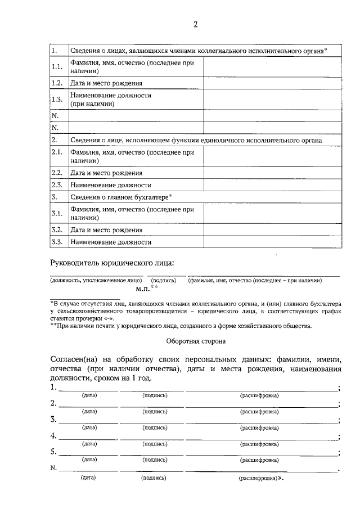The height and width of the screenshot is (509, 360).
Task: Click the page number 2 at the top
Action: click(195, 24)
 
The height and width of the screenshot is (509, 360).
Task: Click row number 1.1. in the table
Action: click(56, 67)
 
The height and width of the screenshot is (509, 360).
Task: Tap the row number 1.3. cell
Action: click(56, 100)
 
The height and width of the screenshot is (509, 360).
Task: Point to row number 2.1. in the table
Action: click(56, 156)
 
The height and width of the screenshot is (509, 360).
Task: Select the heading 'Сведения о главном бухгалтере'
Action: click(120, 197)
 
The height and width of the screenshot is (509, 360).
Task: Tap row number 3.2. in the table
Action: click(56, 229)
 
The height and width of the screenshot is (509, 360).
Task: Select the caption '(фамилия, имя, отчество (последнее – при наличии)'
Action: click(254, 280)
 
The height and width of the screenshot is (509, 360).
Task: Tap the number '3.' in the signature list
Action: click(53, 420)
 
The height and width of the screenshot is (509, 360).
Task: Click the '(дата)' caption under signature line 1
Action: click(89, 395)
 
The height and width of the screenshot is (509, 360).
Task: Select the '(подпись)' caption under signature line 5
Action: click(155, 460)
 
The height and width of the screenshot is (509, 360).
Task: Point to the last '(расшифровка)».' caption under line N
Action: click(262, 478)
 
